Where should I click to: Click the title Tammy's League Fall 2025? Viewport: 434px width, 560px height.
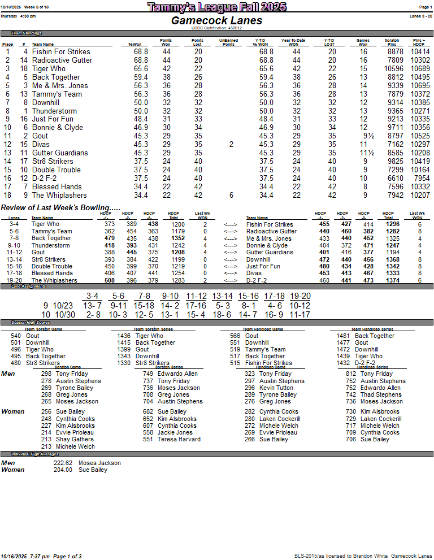216,7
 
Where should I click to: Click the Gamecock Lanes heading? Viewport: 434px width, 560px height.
216,20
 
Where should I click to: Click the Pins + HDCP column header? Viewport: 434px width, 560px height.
418,42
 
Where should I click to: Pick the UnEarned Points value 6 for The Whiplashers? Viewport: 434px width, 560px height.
231,195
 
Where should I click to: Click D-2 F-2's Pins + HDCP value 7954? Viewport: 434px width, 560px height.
420,178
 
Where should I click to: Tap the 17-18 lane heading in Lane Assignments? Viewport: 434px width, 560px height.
274,296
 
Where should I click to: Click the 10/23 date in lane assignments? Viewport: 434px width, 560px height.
63,306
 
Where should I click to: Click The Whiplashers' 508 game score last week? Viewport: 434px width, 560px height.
110,280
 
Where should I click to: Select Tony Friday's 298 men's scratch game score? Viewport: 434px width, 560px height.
46,374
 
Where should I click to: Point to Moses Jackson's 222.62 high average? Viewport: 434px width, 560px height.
63,463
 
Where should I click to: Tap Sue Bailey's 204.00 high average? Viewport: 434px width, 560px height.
63,470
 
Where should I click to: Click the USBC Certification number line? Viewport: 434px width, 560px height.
216,28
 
